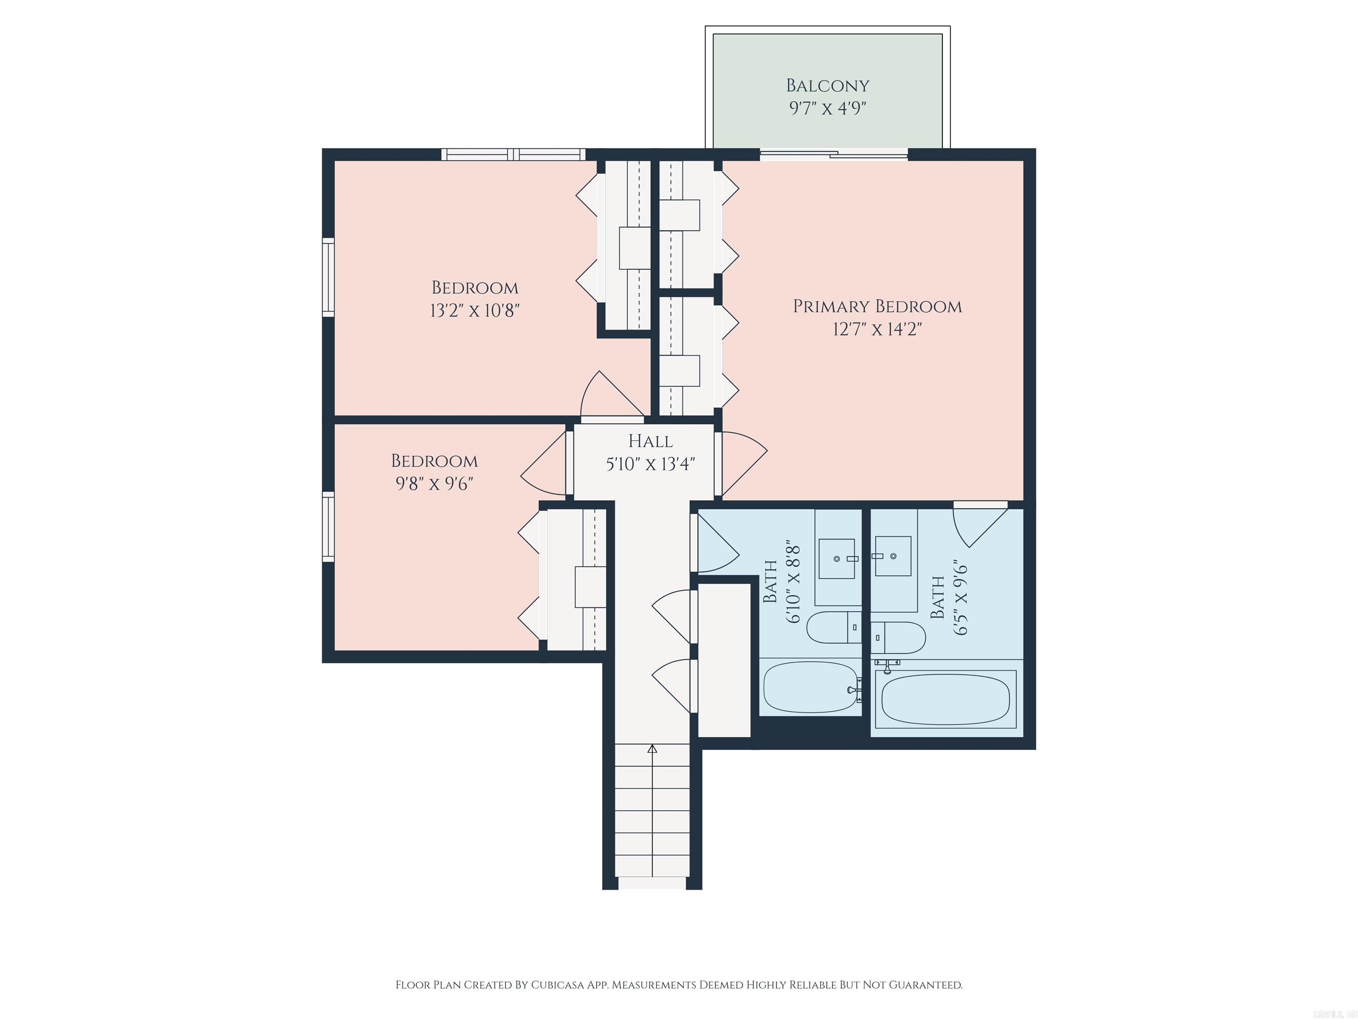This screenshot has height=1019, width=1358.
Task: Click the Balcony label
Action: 827,85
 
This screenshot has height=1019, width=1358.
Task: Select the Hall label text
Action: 650,441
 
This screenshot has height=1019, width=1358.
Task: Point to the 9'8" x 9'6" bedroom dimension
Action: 434,484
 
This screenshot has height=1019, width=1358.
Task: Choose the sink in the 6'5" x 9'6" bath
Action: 893,556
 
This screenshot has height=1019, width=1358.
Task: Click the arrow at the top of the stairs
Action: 652,749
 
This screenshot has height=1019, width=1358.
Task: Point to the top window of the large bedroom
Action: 513,154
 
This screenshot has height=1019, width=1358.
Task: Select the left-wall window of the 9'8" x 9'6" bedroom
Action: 328,526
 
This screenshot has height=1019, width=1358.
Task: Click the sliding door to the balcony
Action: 833,154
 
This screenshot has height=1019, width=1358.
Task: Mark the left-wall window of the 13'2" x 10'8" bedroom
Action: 328,278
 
